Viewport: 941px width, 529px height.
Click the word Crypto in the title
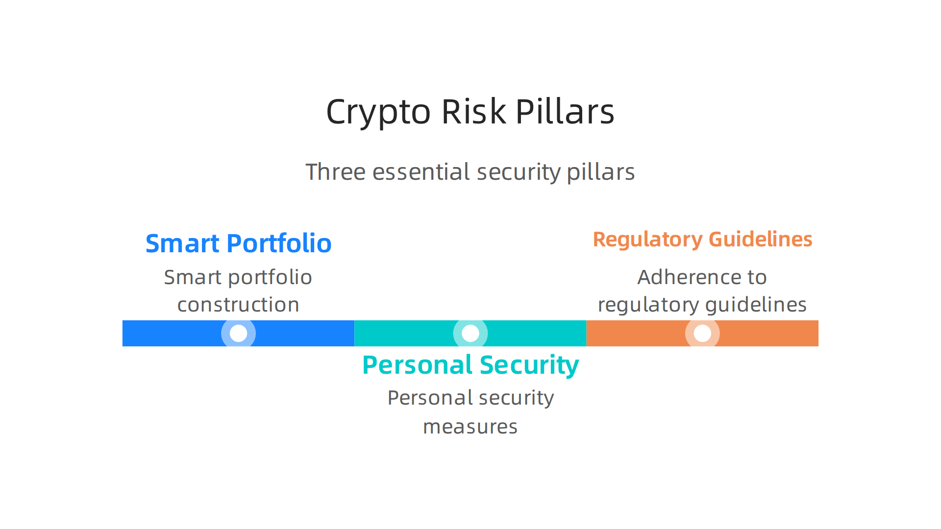click(x=378, y=112)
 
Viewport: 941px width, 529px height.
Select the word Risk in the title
click(x=473, y=111)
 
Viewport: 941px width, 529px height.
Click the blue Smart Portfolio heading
click(x=238, y=243)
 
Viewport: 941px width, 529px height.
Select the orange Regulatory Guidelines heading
click(x=702, y=239)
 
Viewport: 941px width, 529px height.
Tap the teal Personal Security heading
click(x=470, y=365)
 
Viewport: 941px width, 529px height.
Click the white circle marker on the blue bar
click(x=238, y=334)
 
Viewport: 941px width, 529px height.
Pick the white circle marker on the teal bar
click(x=470, y=334)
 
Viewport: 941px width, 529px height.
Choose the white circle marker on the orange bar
click(x=702, y=334)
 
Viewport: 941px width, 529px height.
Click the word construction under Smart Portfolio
click(x=238, y=305)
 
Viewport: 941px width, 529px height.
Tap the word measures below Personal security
click(x=470, y=427)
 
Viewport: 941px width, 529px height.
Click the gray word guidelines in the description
click(x=755, y=305)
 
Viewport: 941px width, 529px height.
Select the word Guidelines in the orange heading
click(x=760, y=239)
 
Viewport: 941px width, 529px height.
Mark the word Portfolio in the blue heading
click(x=279, y=243)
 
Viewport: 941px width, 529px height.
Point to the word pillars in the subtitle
click(x=600, y=172)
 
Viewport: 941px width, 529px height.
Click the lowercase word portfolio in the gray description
click(x=270, y=278)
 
